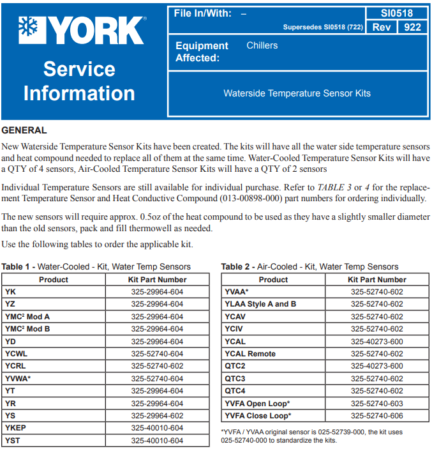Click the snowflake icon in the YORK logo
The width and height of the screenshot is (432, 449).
click(x=29, y=29)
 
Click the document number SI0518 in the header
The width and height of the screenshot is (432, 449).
click(x=397, y=13)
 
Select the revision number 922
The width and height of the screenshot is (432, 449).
click(x=412, y=27)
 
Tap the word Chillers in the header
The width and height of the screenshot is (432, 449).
click(x=262, y=45)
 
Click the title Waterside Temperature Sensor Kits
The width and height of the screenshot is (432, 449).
click(x=297, y=93)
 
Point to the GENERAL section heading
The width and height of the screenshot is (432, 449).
click(x=24, y=130)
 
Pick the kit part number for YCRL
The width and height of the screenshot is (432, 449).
click(x=157, y=366)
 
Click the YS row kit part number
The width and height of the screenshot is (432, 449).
click(x=157, y=416)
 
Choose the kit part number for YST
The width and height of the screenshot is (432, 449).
click(x=157, y=441)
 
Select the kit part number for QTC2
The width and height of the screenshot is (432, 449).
click(x=376, y=366)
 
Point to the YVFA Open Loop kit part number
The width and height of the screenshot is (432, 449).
click(x=376, y=404)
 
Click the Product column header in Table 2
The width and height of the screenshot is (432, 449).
click(x=273, y=279)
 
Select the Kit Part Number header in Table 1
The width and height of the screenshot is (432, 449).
click(x=157, y=279)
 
